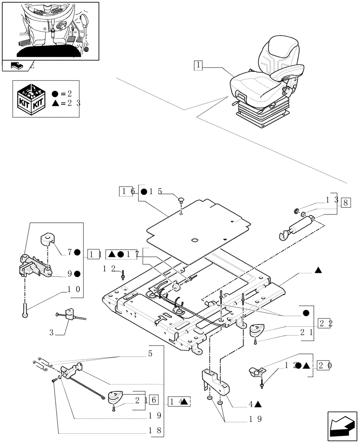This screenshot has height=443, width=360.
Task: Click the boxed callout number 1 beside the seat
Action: [198, 66]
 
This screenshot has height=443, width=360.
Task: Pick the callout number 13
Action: [332, 200]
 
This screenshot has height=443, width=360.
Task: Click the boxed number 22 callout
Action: [324, 323]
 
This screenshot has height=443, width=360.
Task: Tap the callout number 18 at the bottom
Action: [153, 430]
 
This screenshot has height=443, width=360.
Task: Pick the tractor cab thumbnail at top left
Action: [50, 30]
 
